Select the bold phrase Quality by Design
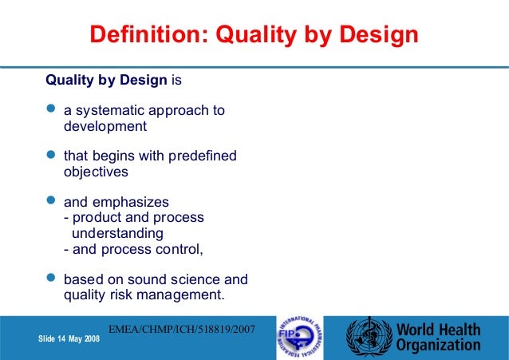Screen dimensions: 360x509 tap(106, 81)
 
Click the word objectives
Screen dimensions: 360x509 tap(96, 172)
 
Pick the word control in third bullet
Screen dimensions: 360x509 tap(180, 249)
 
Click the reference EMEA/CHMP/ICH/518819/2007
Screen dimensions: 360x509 tap(181, 327)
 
